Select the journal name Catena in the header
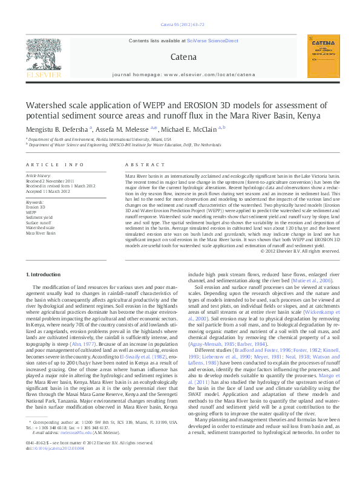coord(184,57)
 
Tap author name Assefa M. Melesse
coord(123,128)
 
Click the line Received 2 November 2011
coord(50,181)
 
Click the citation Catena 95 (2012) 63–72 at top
coord(183,25)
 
